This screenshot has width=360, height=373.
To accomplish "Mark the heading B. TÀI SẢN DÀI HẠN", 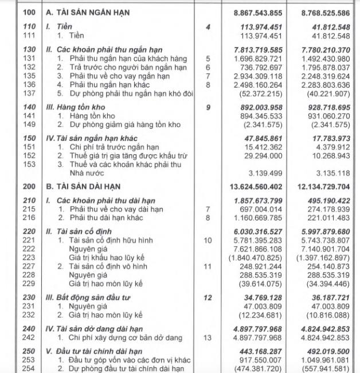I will coord(89,187).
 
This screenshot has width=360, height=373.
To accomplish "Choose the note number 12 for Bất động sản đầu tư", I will coord(208,299).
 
